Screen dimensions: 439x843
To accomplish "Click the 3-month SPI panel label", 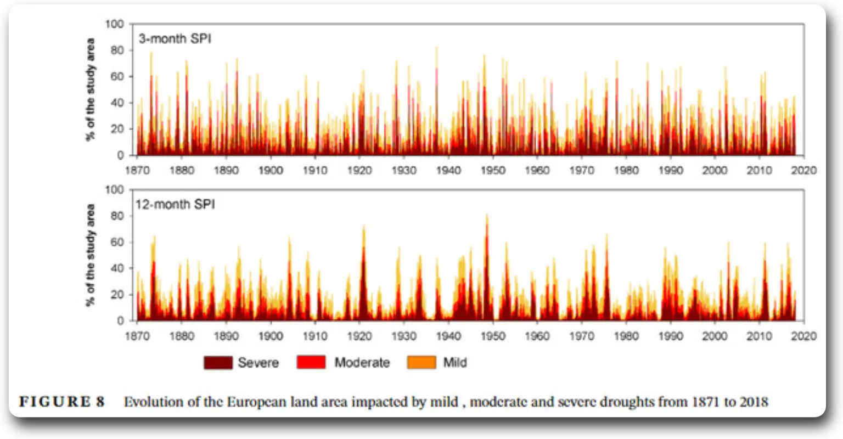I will click(x=175, y=40).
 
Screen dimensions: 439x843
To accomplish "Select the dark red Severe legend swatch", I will click(x=217, y=363).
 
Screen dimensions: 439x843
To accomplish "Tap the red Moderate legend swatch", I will click(x=311, y=363).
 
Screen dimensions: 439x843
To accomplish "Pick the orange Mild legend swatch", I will click(x=421, y=363).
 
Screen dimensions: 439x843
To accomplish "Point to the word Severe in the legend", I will click(x=258, y=363).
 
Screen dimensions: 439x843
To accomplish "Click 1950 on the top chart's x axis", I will click(x=493, y=171).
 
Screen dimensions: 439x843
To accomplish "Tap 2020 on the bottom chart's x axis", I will click(x=804, y=336).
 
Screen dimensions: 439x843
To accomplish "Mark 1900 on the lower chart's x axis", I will click(x=270, y=336).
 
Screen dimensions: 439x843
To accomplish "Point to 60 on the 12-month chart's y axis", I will click(x=119, y=243).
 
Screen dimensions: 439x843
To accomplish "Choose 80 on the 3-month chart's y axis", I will click(x=119, y=50).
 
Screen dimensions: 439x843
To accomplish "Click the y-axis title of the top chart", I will click(x=91, y=89).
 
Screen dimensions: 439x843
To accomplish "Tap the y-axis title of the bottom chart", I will click(x=91, y=255).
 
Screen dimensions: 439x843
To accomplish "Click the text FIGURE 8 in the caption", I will click(x=61, y=402).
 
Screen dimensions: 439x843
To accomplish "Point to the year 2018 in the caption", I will click(x=754, y=402).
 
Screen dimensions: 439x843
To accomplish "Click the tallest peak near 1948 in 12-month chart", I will click(x=486, y=217).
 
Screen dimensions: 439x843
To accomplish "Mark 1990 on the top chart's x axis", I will click(x=671, y=171).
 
